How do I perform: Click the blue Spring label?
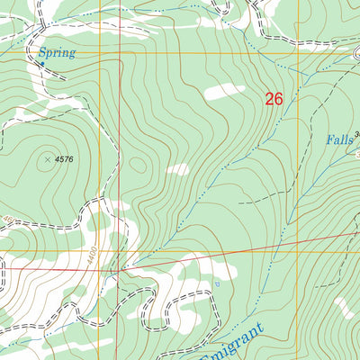[57, 53]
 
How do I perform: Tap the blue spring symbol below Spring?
[41, 64]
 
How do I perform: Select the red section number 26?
[274, 99]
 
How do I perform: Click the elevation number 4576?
[63, 159]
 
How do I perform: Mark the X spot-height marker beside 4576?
[47, 159]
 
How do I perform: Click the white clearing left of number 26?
[225, 92]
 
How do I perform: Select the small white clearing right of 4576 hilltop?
[178, 169]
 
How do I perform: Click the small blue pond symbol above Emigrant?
[216, 285]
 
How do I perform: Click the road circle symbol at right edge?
[356, 52]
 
